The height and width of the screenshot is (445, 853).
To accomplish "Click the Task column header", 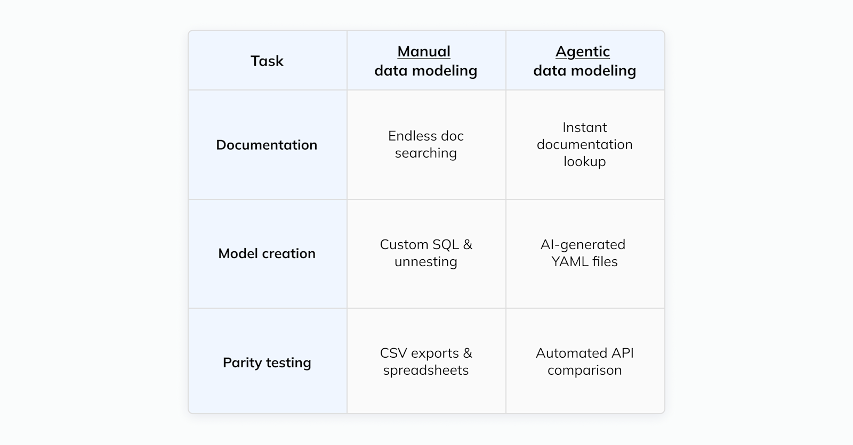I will [x=267, y=61].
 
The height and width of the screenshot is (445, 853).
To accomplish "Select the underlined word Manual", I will [x=424, y=52].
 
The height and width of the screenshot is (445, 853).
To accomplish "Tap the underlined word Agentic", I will [x=583, y=52].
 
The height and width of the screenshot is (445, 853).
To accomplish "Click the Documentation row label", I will [x=267, y=145].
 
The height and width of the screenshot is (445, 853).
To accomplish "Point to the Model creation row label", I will [x=267, y=253].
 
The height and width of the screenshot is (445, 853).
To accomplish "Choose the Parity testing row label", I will [x=267, y=362].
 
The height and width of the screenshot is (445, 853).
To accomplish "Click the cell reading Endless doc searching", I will [x=426, y=144].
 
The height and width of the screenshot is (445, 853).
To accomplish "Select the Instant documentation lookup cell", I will [x=585, y=144].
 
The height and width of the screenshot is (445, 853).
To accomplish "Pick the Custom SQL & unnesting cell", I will [x=426, y=253].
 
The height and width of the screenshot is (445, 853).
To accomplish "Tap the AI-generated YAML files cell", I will [x=585, y=253].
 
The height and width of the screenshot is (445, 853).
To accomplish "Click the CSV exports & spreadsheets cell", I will [x=426, y=361].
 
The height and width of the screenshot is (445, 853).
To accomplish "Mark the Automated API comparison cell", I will [x=585, y=361].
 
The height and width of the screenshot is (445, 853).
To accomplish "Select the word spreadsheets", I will [x=426, y=370].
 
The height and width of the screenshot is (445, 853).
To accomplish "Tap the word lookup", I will [x=585, y=162].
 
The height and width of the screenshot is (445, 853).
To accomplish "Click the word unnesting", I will [x=426, y=262].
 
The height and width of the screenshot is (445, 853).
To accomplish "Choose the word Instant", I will [x=585, y=128].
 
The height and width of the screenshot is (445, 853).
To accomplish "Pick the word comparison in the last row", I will [x=585, y=370].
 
